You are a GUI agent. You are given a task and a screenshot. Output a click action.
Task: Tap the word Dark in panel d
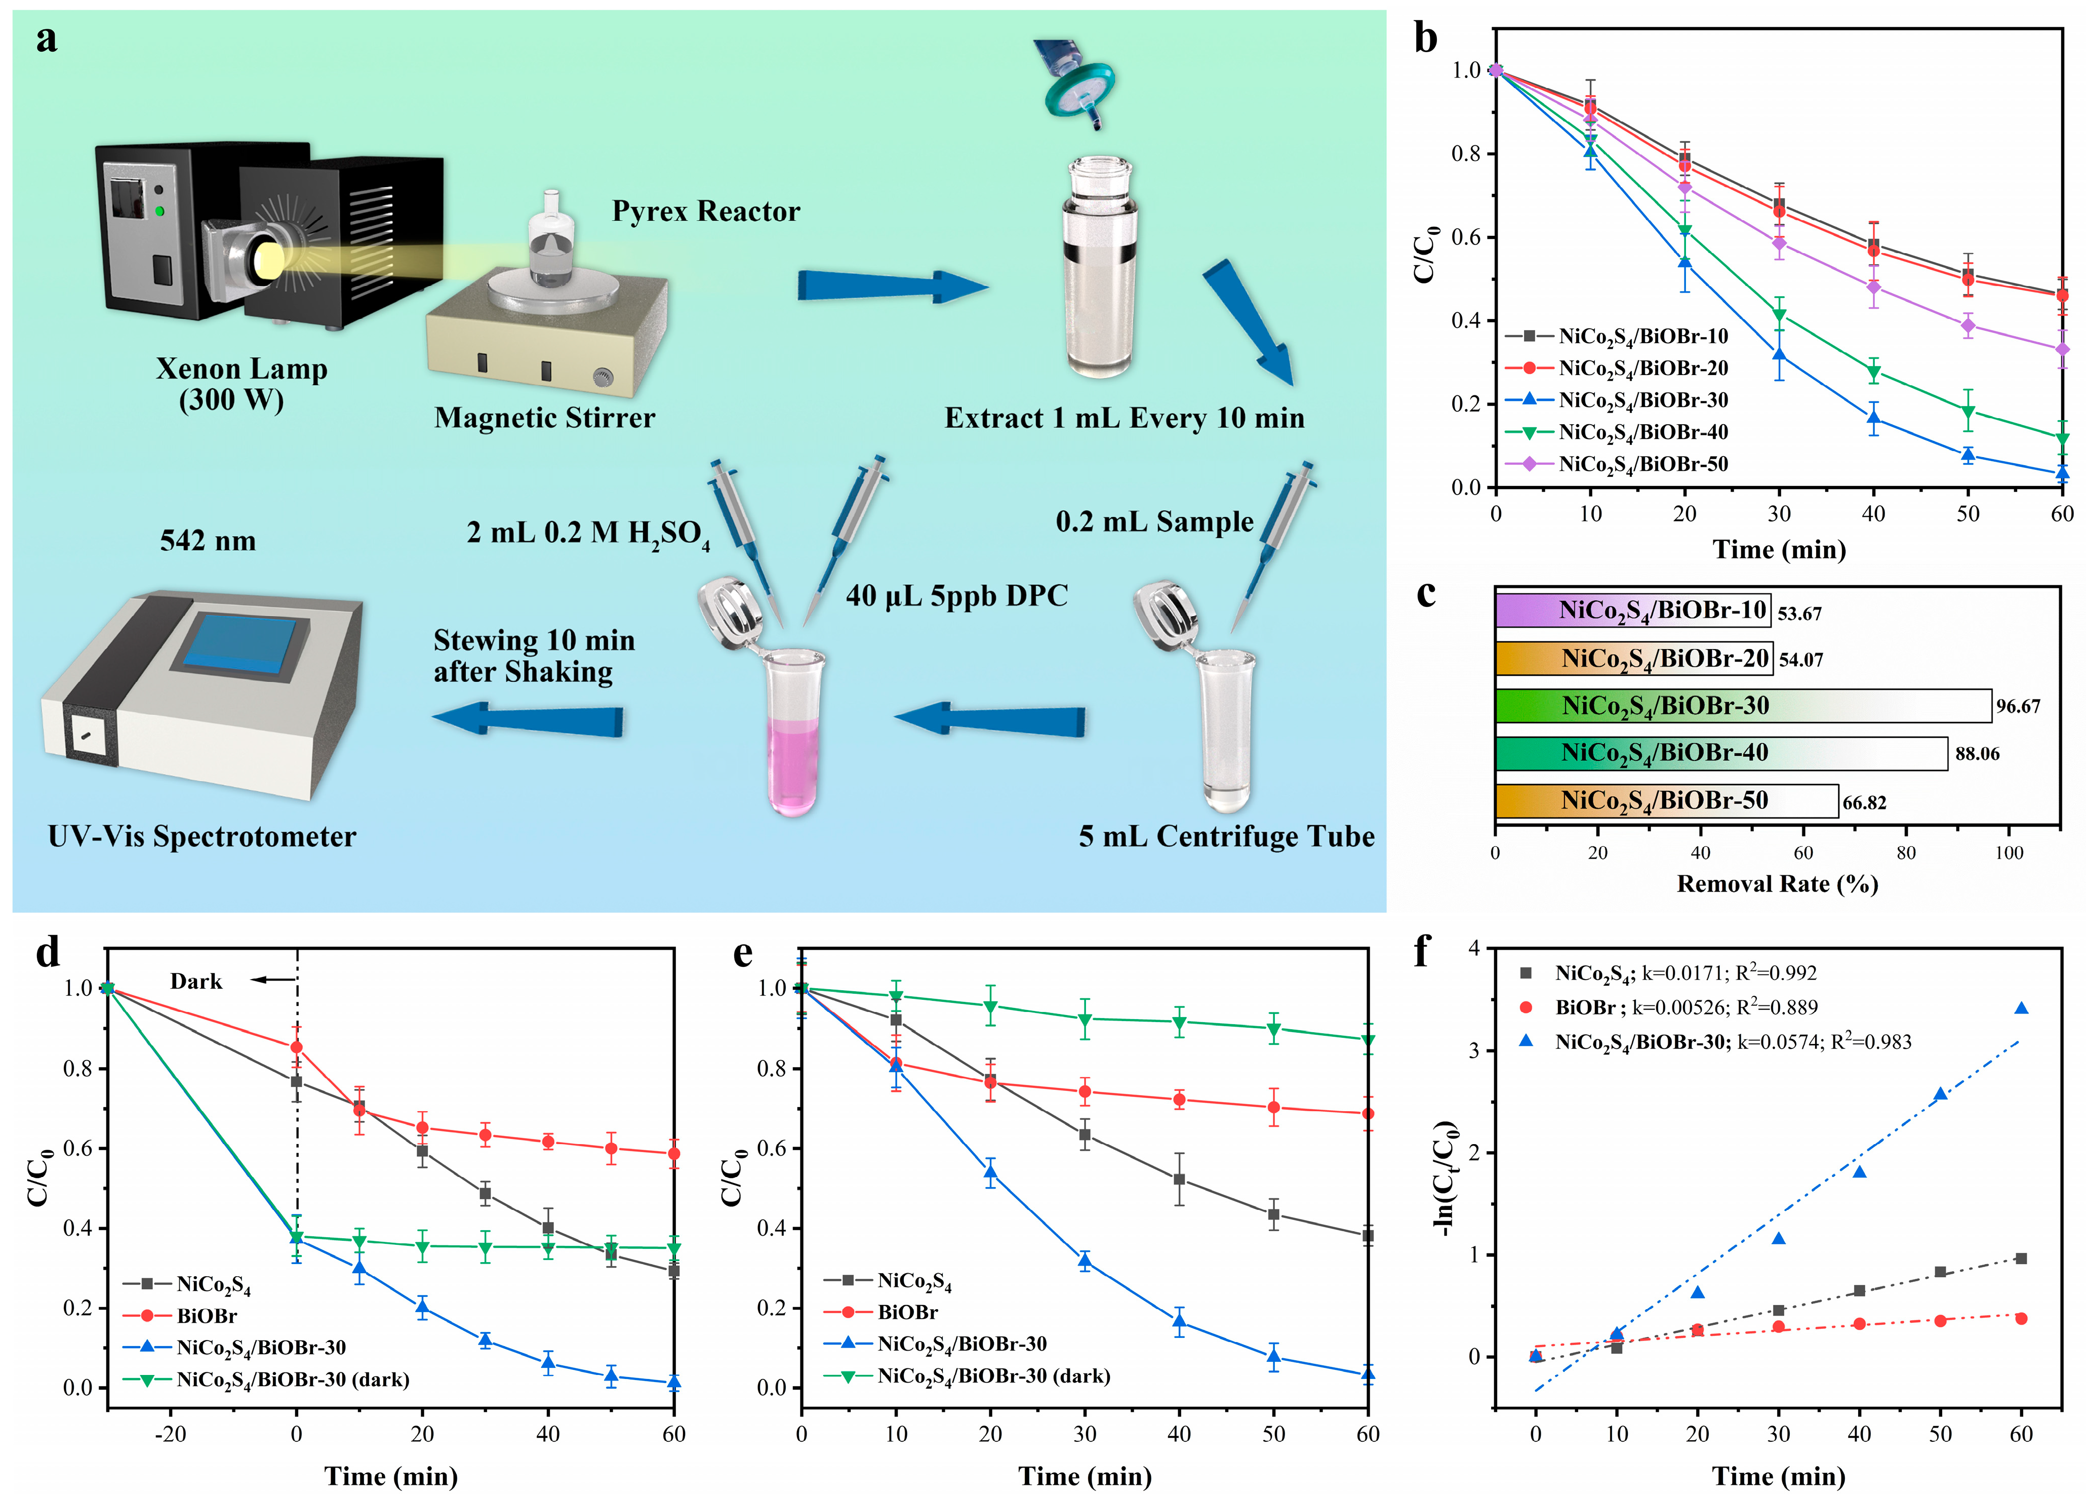coord(196,981)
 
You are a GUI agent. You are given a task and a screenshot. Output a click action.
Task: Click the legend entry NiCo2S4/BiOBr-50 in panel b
coord(1642,464)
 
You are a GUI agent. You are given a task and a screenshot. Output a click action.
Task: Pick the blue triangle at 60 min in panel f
coord(2021,1009)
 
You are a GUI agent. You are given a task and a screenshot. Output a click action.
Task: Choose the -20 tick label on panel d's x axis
coord(170,1434)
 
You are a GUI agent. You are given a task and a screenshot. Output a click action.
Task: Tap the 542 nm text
coord(208,541)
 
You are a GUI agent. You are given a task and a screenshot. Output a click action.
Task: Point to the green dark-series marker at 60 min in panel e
coord(1368,1040)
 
